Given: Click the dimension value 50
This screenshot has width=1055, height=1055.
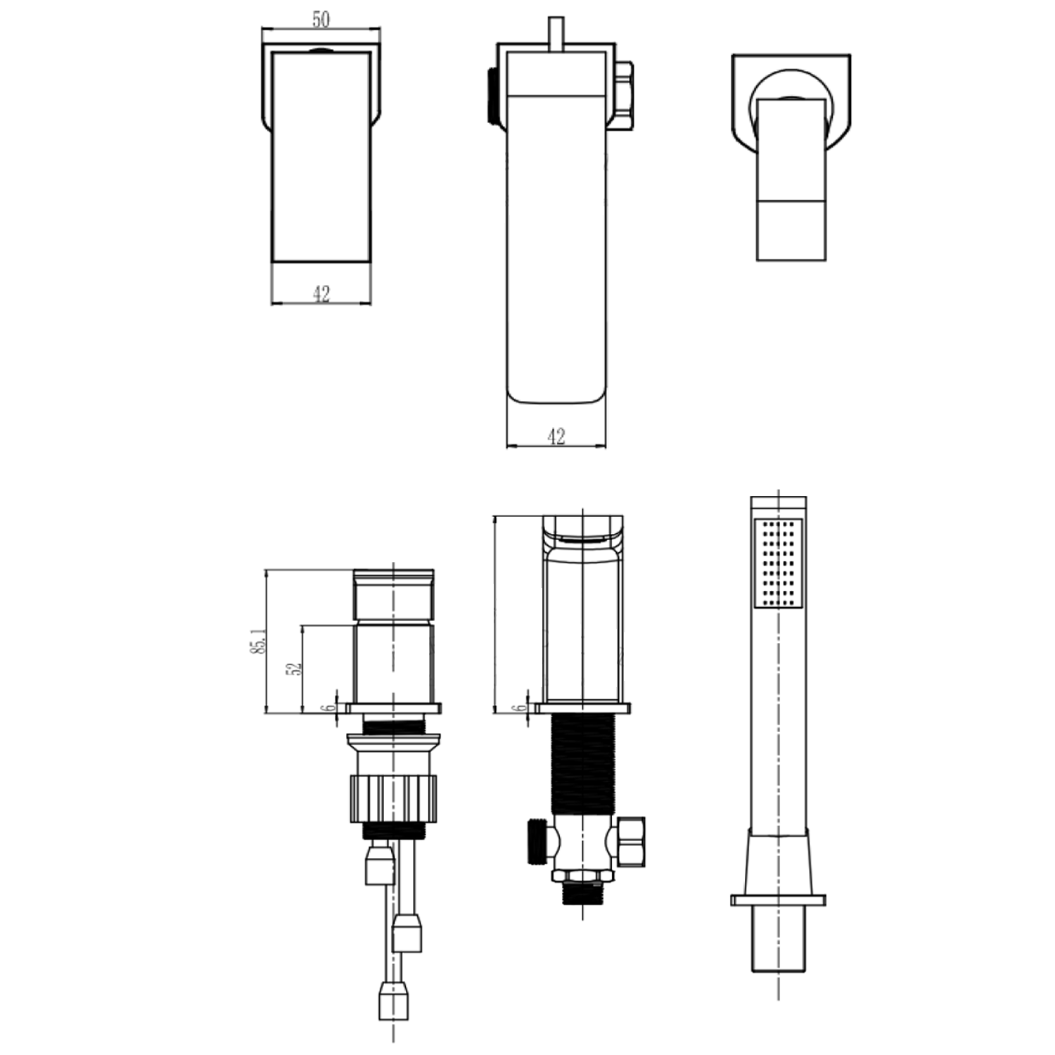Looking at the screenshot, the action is (x=321, y=20).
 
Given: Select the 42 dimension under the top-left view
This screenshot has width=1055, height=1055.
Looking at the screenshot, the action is (x=321, y=294).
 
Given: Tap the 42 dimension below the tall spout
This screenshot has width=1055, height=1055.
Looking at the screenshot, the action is (x=556, y=437).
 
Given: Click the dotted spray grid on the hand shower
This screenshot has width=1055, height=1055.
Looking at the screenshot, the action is (x=777, y=563).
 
